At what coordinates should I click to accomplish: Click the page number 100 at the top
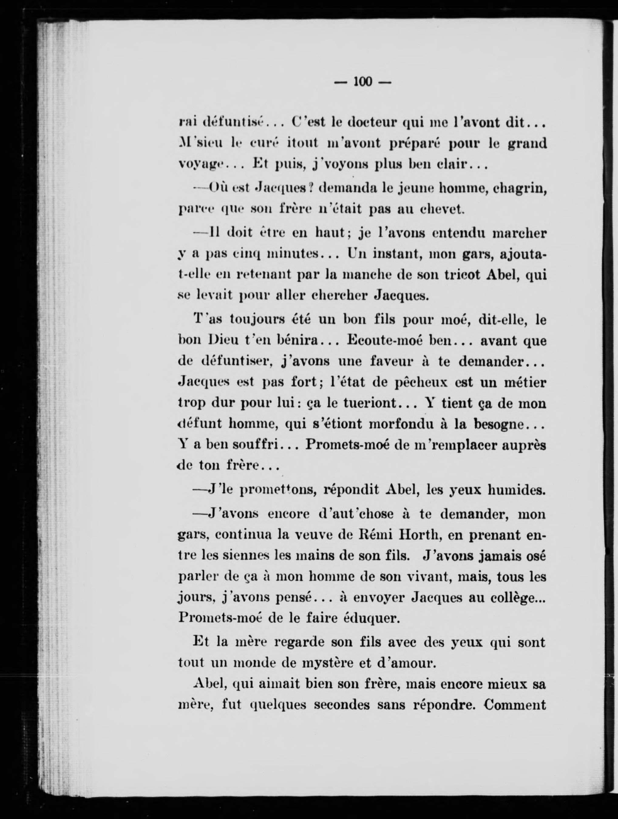362,81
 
